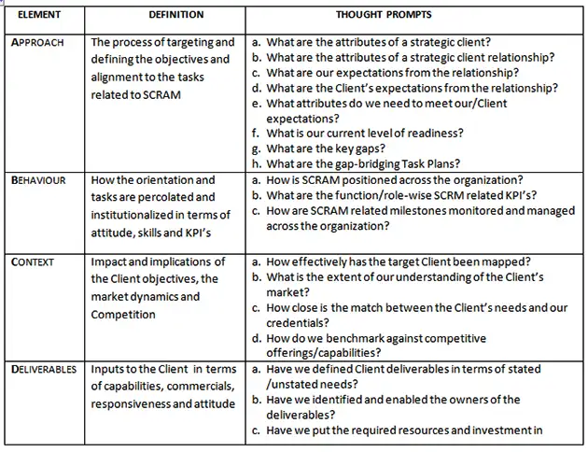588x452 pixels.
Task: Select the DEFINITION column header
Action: [x=163, y=15]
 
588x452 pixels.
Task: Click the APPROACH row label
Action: [x=38, y=44]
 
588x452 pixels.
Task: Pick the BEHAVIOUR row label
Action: [x=38, y=180]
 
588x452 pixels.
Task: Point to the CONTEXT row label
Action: [x=34, y=262]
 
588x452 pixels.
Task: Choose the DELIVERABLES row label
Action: [x=44, y=370]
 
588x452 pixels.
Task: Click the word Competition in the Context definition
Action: [x=123, y=315]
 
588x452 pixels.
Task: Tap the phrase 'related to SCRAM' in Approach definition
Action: [x=135, y=95]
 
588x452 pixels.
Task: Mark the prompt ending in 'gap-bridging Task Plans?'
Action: [x=366, y=162]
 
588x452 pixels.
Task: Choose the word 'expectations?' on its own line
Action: [x=304, y=119]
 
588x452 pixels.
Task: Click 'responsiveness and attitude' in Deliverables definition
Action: [x=164, y=404]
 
